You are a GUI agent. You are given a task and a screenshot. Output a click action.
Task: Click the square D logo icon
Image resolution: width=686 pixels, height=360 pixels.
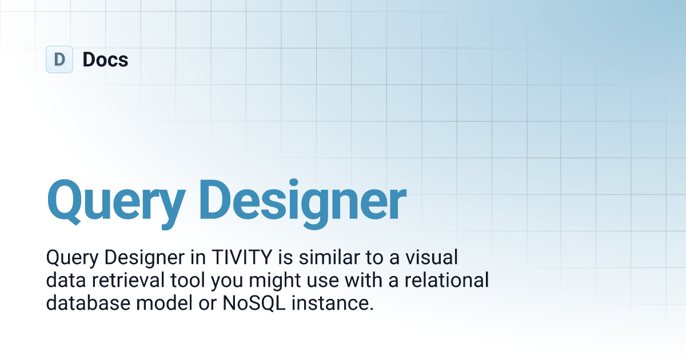click(x=59, y=59)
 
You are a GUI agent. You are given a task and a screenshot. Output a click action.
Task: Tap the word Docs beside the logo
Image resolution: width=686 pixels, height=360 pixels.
click(x=105, y=59)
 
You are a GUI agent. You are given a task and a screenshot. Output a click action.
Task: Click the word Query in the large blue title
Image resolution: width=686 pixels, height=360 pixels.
click(x=116, y=202)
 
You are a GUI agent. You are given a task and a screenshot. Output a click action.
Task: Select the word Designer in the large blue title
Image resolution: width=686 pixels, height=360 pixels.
click(x=302, y=202)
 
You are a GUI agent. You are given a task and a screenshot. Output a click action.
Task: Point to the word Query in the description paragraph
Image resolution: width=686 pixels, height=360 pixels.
click(x=72, y=258)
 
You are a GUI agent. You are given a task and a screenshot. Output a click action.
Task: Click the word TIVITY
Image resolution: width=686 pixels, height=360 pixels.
click(x=242, y=257)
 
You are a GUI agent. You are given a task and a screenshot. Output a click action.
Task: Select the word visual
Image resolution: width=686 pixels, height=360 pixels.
click(x=432, y=257)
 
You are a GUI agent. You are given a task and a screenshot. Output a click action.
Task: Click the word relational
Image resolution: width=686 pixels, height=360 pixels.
click(x=446, y=280)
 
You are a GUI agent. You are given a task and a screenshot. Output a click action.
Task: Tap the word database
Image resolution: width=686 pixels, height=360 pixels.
click(x=88, y=303)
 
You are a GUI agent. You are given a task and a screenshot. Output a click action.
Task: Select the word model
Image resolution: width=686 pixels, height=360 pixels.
click(x=165, y=303)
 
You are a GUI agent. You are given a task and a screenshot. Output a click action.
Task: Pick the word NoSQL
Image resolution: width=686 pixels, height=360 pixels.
click(x=254, y=303)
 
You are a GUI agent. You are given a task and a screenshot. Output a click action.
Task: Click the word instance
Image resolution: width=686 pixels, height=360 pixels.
click(x=333, y=303)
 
